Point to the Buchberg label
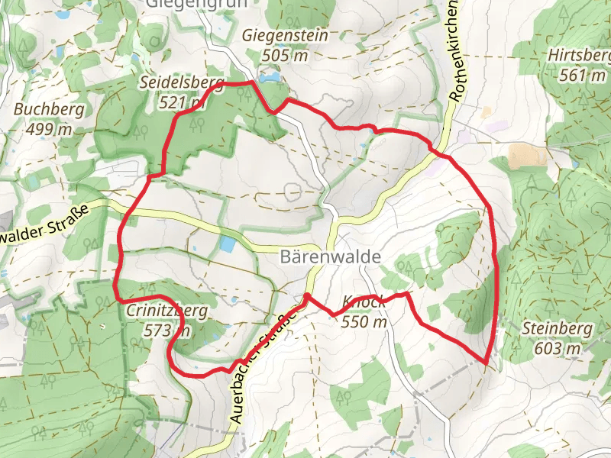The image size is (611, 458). coord(49,110)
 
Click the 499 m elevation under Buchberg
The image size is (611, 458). coord(49,129)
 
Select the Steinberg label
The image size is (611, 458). coord(558,330)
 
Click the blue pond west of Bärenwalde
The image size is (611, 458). coord(228,244)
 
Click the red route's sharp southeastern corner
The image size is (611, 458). coord(486,363)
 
